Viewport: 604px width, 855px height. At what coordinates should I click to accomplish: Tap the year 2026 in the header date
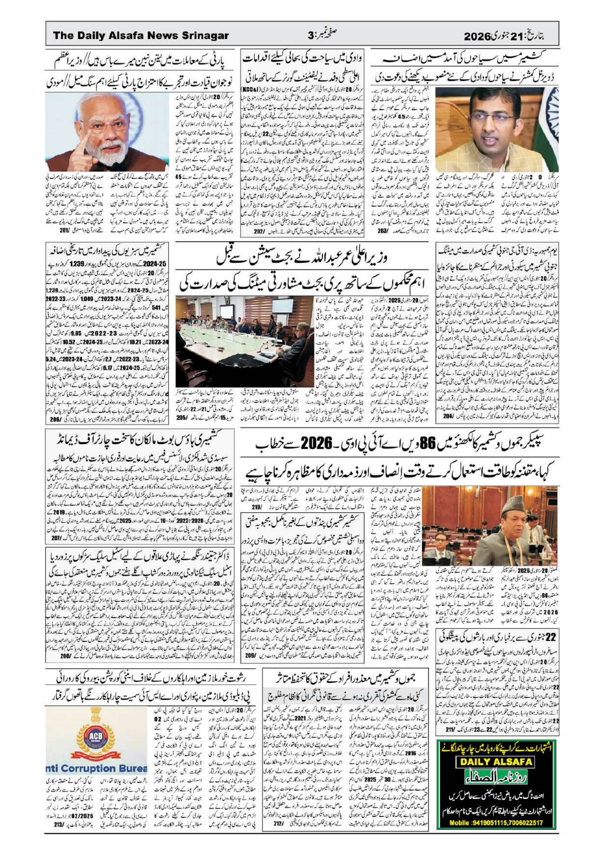[478, 36]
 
